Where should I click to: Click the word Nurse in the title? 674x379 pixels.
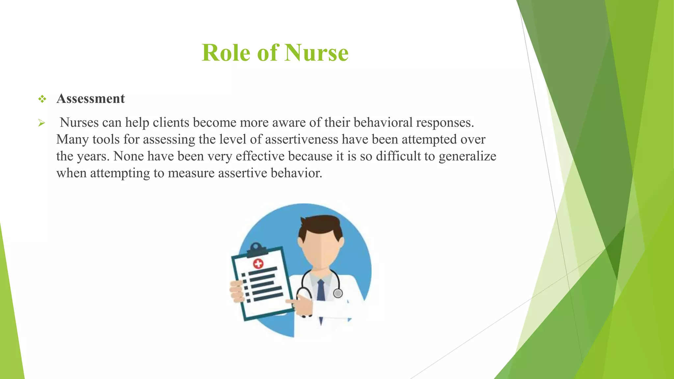316,53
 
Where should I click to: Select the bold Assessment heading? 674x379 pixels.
91,99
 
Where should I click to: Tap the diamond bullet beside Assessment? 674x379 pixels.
42,99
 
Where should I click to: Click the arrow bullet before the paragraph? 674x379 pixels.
41,123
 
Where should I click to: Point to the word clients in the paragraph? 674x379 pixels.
171,122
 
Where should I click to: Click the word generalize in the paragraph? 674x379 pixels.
467,156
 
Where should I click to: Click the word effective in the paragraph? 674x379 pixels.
260,156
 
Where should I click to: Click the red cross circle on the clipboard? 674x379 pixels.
258,264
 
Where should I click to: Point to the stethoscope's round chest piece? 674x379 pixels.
338,293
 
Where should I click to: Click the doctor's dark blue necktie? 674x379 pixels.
321,291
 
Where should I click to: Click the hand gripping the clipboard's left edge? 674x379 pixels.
237,291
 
